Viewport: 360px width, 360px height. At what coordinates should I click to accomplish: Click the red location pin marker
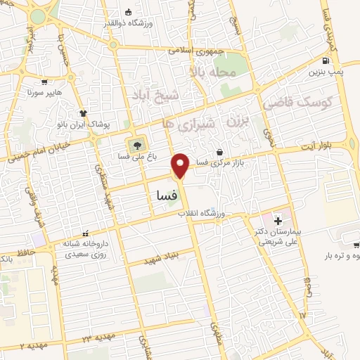181,165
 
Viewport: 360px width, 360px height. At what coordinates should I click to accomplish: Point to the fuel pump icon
326,60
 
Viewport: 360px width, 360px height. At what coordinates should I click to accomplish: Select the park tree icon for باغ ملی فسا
133,146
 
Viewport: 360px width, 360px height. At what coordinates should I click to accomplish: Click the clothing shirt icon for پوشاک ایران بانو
83,112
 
